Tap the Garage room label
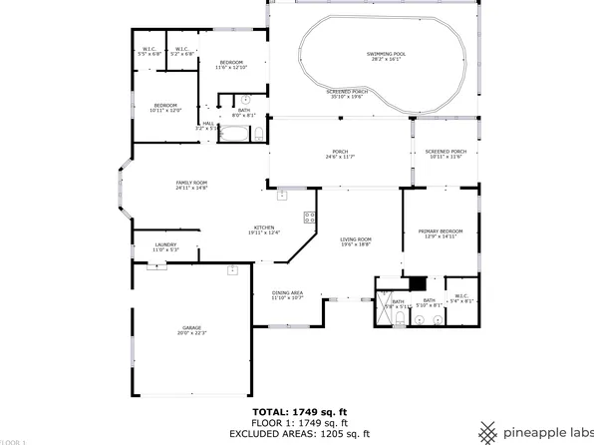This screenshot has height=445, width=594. click(x=191, y=329)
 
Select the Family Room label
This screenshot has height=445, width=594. click(x=191, y=185)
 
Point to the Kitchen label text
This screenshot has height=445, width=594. click(x=264, y=229)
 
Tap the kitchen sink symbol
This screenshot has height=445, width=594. click(x=282, y=194)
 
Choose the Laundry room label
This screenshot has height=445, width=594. click(x=165, y=246)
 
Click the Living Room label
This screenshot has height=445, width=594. click(x=356, y=241)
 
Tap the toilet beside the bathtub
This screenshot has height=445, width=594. click(x=259, y=133)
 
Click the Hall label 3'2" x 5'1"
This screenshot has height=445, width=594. click(x=207, y=126)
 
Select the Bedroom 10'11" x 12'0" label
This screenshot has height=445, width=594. click(x=165, y=108)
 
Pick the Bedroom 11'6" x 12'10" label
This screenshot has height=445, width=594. click(x=231, y=65)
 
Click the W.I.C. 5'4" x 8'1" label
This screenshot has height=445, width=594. click(x=461, y=297)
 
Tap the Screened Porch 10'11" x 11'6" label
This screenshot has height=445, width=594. click(x=445, y=154)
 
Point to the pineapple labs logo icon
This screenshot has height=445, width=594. click(x=487, y=431)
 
